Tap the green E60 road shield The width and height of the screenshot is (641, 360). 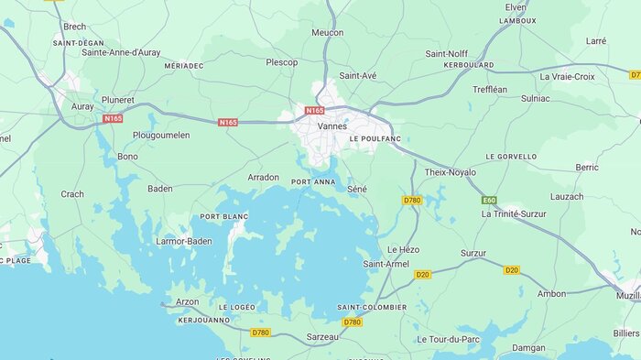(x=490, y=200)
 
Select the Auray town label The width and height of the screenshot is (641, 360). (x=82, y=106)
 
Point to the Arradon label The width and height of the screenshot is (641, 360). (x=264, y=177)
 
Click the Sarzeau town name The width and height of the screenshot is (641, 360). (x=321, y=337)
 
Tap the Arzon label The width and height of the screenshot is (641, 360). (x=187, y=301)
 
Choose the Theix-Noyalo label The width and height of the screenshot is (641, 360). (x=450, y=171)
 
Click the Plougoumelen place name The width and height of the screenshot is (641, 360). (x=161, y=135)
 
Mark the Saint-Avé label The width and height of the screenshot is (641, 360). (x=357, y=75)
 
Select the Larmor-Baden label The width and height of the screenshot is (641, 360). (x=184, y=241)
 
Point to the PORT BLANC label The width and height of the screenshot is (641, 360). (x=224, y=216)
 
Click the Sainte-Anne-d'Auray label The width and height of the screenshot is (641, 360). (x=121, y=52)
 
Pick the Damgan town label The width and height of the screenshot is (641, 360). (x=528, y=348)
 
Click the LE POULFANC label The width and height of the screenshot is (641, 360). (x=375, y=138)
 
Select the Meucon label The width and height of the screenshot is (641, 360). (x=327, y=32)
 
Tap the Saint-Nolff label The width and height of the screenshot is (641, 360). (x=448, y=53)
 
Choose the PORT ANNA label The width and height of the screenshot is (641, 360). (x=313, y=182)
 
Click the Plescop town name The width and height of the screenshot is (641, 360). (x=282, y=62)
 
